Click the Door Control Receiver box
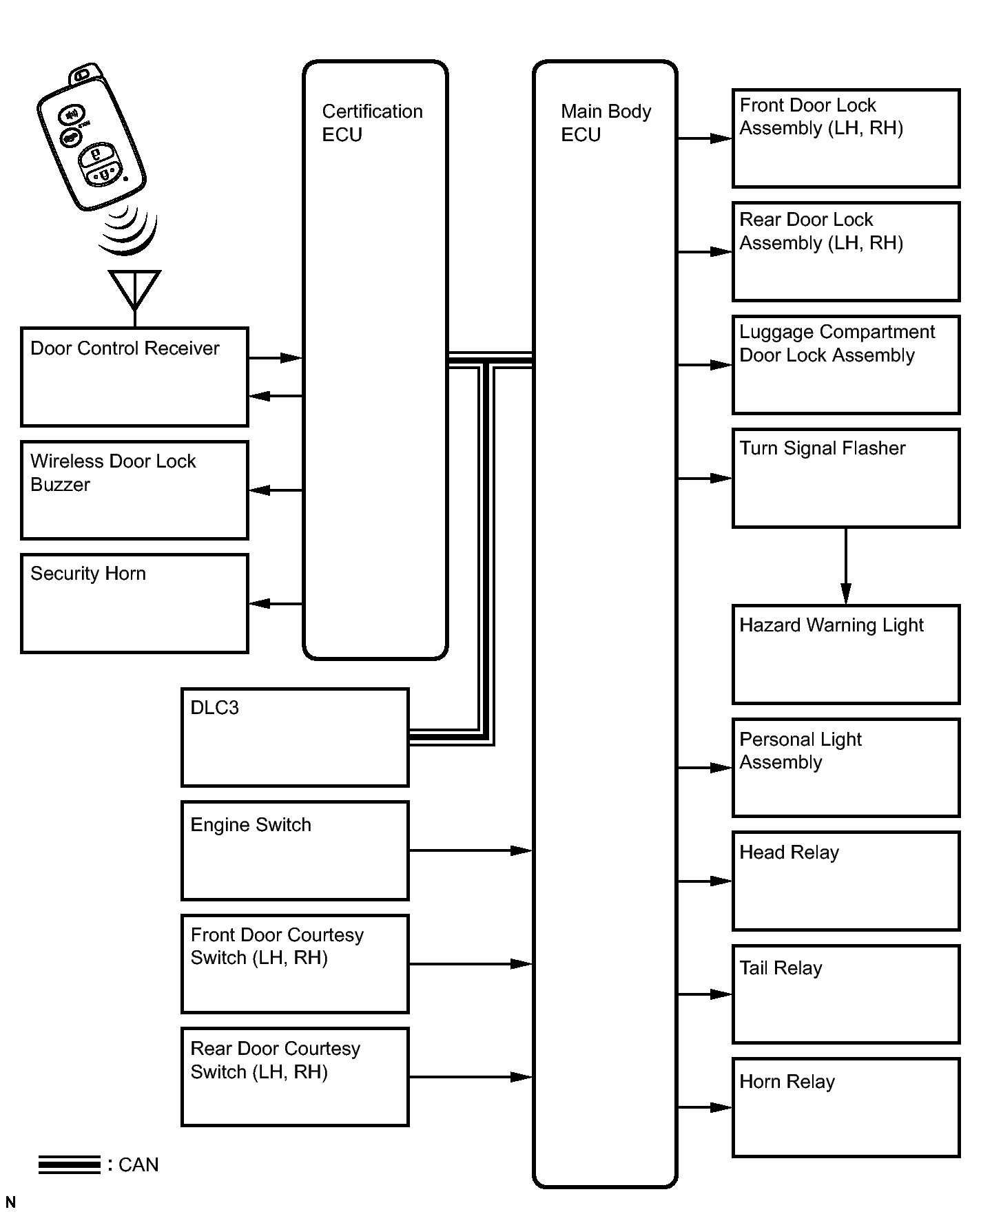[134, 377]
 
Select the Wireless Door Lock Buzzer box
[134, 490]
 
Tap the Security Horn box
[134, 603]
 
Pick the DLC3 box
[295, 737]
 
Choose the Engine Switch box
[295, 850]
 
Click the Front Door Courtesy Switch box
[295, 963]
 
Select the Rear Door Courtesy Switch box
[295, 1077]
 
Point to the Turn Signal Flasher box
[846, 478]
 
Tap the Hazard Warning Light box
[846, 654]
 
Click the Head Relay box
[846, 881]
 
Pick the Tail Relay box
[846, 994]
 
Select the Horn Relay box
[846, 1107]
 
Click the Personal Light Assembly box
[846, 768]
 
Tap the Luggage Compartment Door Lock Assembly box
[846, 365]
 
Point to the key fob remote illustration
[92, 141]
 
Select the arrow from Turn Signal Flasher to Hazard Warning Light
[846, 566]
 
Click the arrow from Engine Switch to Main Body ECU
[470, 850]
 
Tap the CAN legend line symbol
[70, 1164]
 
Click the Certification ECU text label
[372, 123]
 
